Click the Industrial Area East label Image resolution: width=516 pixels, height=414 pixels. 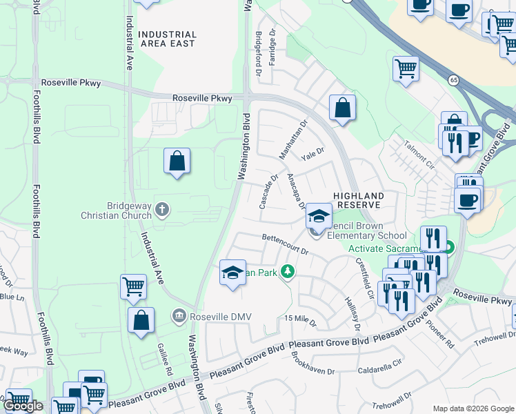click(x=167, y=39)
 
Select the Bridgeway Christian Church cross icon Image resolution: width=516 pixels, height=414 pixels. click(x=161, y=209)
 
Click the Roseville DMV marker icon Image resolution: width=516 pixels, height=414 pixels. click(x=179, y=316)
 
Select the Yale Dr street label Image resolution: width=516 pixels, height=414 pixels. click(x=312, y=153)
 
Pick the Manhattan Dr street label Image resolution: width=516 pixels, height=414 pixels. click(x=292, y=139)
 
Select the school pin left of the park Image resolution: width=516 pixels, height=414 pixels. click(x=232, y=272)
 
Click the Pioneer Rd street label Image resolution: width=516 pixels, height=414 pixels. click(x=439, y=333)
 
